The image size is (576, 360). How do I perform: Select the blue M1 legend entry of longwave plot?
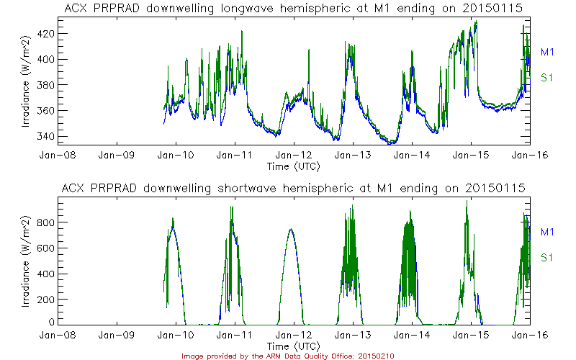pyautogui.click(x=546, y=52)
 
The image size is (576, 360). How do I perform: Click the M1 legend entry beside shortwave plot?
pyautogui.click(x=546, y=232)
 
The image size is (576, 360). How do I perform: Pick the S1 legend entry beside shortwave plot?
pyautogui.click(x=546, y=257)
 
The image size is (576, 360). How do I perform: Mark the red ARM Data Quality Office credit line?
pyautogui.click(x=288, y=355)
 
